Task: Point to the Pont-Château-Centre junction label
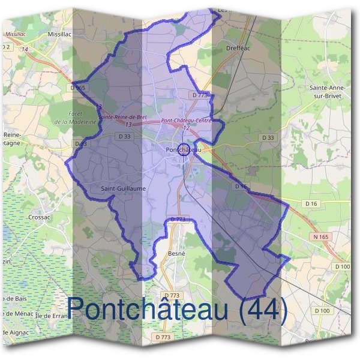[187, 121]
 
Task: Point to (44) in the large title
[259, 308]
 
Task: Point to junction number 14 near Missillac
[25, 49]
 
